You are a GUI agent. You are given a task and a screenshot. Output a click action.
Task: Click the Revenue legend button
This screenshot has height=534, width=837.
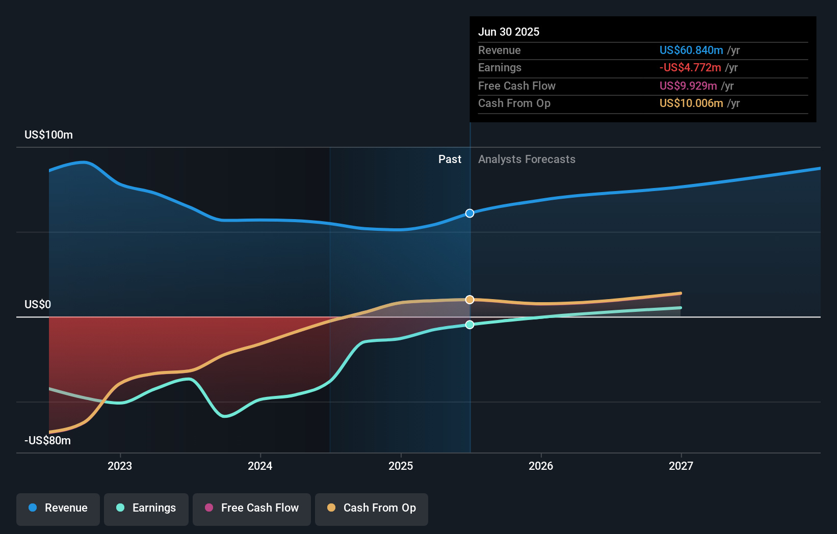[x=58, y=508]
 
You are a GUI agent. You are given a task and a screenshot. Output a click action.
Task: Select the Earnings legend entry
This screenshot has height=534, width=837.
[x=146, y=508]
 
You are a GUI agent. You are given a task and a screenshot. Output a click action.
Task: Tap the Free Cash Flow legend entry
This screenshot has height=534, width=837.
[x=252, y=508]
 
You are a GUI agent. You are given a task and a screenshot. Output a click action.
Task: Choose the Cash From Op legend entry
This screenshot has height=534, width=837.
[x=372, y=508]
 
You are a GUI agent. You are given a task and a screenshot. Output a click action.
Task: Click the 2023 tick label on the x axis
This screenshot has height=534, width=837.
[x=120, y=466]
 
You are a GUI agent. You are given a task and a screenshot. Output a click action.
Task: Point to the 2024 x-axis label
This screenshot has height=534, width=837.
[x=260, y=466]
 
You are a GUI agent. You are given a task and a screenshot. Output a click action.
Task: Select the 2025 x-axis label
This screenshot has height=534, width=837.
[x=401, y=466]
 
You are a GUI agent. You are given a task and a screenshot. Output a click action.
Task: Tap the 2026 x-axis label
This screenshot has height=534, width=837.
[x=541, y=466]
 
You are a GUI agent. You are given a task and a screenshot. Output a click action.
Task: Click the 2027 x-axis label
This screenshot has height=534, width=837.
[x=681, y=466]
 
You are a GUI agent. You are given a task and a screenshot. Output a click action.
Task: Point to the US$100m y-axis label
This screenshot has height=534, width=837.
[x=48, y=135]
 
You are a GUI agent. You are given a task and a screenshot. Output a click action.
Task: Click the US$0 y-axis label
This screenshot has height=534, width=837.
[x=38, y=305]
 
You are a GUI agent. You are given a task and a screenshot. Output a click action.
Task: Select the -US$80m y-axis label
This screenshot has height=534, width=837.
[x=47, y=441]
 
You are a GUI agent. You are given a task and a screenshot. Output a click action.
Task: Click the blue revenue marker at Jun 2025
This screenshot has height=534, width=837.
[x=470, y=213]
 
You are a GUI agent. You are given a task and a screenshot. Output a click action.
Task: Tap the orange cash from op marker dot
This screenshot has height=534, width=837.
[x=470, y=300]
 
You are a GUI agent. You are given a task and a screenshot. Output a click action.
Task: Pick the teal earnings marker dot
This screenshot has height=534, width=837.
[x=470, y=325]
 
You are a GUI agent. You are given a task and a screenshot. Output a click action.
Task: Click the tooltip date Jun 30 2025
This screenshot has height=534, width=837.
[x=509, y=32]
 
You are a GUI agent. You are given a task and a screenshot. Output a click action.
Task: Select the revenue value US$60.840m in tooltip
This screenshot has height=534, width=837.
[x=691, y=50]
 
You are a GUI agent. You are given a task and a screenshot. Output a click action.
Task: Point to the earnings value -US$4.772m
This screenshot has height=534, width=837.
[x=690, y=68]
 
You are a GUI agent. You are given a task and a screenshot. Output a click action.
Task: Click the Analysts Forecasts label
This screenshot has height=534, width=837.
[x=527, y=159]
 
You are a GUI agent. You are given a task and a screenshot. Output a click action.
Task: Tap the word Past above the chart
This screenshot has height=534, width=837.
[x=450, y=159]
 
